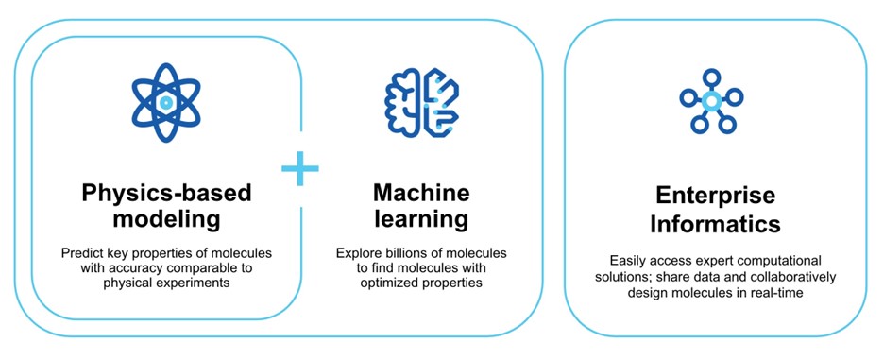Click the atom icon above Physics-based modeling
tap(166, 102)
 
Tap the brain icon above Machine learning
tap(422, 102)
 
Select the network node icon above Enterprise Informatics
tap(711, 101)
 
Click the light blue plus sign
tap(300, 168)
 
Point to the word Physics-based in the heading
tap(166, 194)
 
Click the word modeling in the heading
tap(166, 219)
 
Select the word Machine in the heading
tap(421, 193)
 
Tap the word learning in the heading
tap(421, 219)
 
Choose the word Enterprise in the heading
tap(715, 196)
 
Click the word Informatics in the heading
tap(715, 224)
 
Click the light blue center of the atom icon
tap(166, 102)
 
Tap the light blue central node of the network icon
tap(711, 101)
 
